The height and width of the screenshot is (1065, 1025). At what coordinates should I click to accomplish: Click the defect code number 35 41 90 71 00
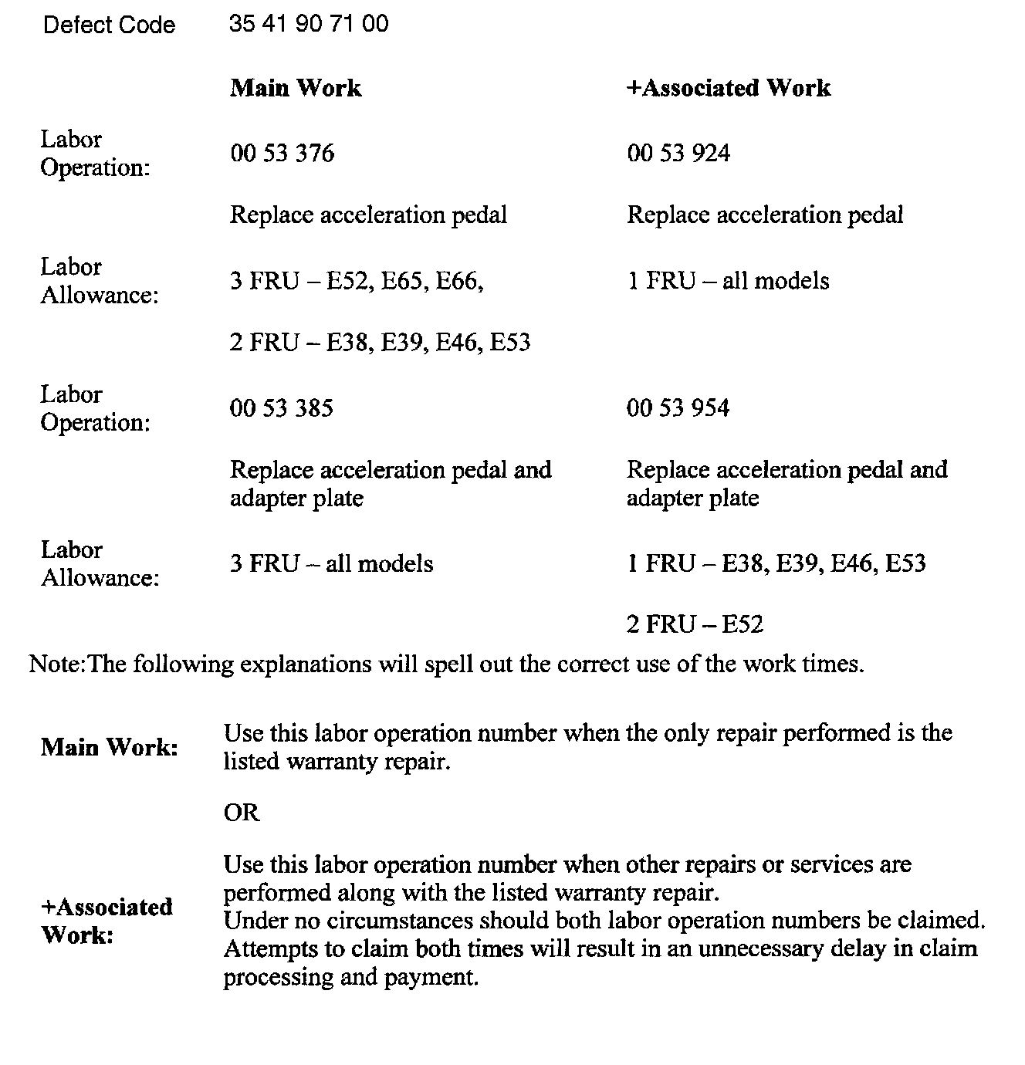309,24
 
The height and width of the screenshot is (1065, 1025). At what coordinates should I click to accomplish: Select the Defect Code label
109,25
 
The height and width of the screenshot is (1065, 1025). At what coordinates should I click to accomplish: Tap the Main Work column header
296,88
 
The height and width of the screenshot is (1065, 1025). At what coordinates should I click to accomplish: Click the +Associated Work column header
728,88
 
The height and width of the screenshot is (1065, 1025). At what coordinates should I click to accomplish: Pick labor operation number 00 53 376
282,154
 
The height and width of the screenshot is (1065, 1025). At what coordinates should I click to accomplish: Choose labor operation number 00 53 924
678,154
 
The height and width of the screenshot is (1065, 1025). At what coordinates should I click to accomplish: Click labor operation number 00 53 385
282,408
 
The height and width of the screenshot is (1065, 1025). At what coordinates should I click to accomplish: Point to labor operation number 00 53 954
678,408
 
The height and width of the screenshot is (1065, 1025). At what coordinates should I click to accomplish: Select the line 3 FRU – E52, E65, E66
357,281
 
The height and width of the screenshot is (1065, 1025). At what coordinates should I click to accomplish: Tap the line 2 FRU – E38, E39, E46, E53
380,343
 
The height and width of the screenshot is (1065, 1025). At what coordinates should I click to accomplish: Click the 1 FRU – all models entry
728,281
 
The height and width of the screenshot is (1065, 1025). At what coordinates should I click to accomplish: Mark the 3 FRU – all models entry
331,564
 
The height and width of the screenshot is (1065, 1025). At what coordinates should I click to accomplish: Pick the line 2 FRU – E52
695,624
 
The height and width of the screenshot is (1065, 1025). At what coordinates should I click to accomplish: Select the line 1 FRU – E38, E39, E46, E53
776,564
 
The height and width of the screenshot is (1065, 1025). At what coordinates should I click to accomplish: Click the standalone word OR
242,813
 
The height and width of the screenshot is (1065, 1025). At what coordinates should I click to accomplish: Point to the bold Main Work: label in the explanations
109,747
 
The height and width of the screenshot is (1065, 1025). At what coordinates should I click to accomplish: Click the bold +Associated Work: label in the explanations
107,921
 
